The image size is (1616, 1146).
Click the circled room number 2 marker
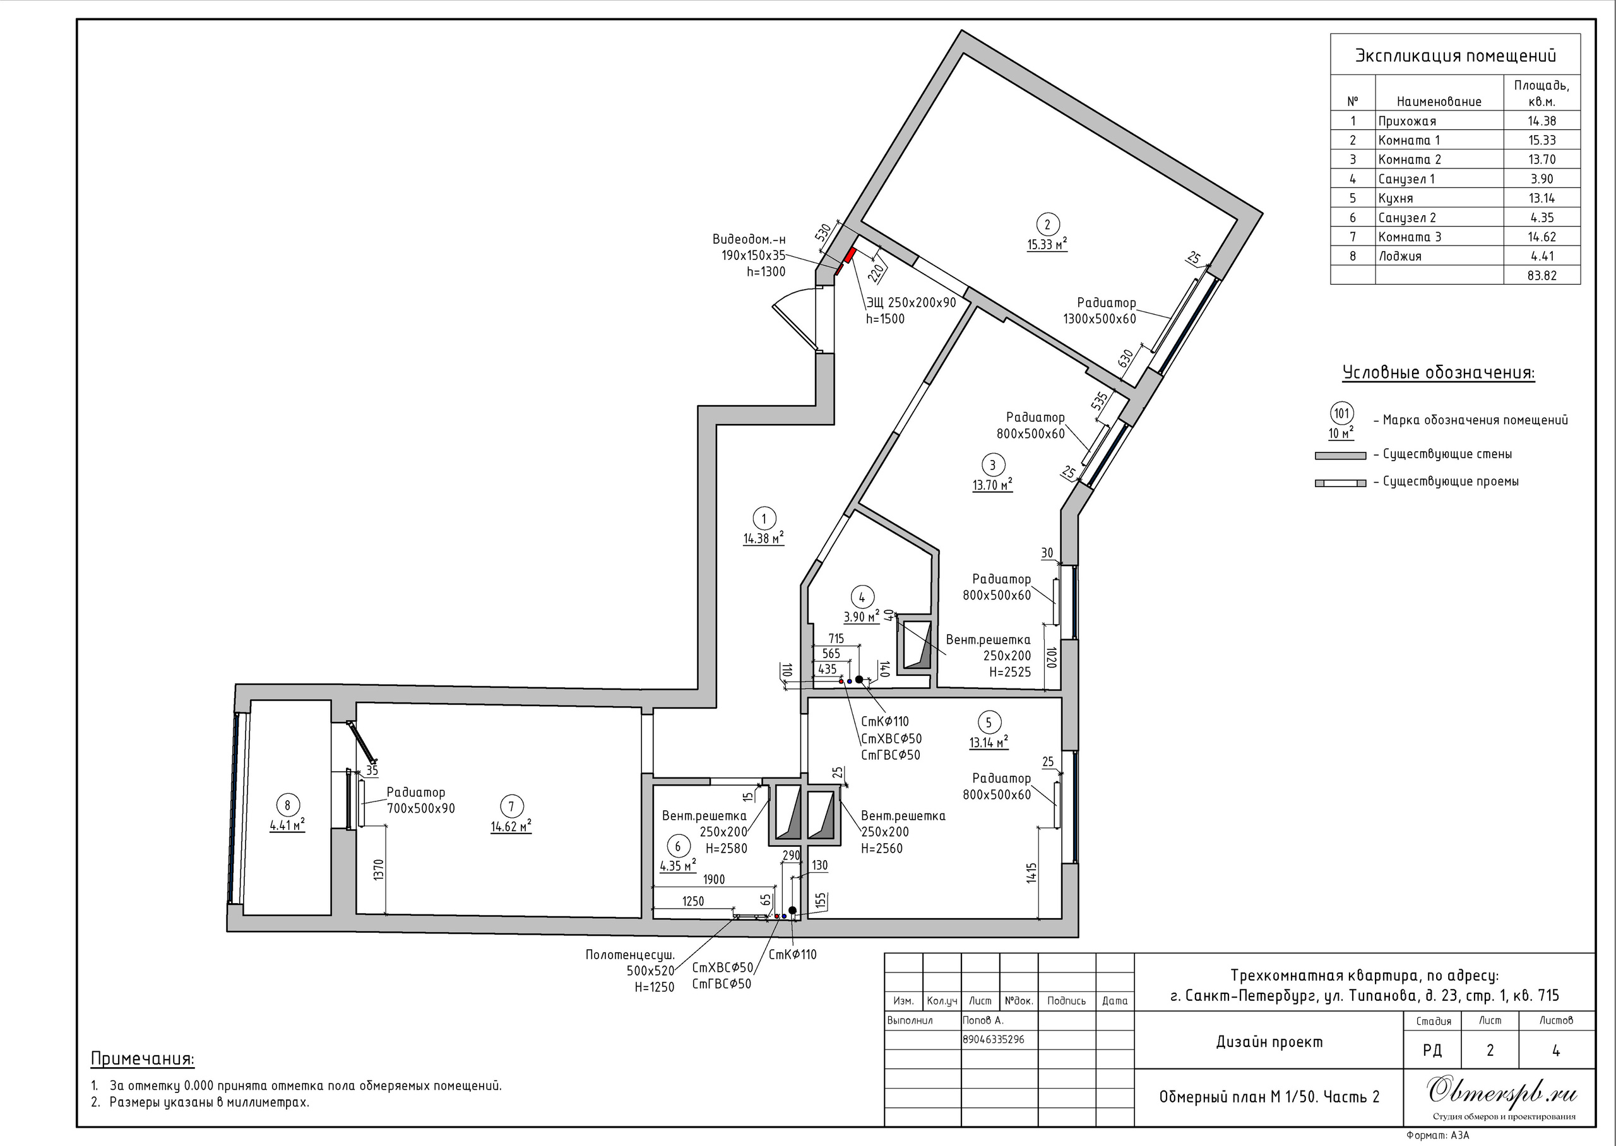click(x=1047, y=225)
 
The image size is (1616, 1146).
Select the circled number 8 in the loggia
click(x=287, y=805)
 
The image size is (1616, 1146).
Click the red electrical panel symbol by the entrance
click(x=850, y=255)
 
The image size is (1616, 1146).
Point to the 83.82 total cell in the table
click(x=1542, y=275)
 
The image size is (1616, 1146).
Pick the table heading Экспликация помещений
click(x=1455, y=56)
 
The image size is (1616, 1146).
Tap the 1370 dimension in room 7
click(x=378, y=870)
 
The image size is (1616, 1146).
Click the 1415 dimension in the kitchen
click(x=1031, y=874)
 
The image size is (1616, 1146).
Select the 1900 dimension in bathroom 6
click(x=713, y=879)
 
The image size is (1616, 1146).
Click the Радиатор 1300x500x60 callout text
click(x=1100, y=310)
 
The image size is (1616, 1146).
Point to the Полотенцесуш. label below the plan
click(x=630, y=955)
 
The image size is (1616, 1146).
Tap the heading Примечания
click(x=143, y=1059)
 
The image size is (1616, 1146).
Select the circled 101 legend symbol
click(x=1341, y=413)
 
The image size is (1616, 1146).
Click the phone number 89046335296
click(x=994, y=1039)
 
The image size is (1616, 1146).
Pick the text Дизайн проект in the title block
click(x=1269, y=1042)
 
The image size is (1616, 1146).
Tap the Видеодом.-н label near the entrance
click(x=749, y=239)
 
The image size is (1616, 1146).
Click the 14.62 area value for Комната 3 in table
click(x=1542, y=237)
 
